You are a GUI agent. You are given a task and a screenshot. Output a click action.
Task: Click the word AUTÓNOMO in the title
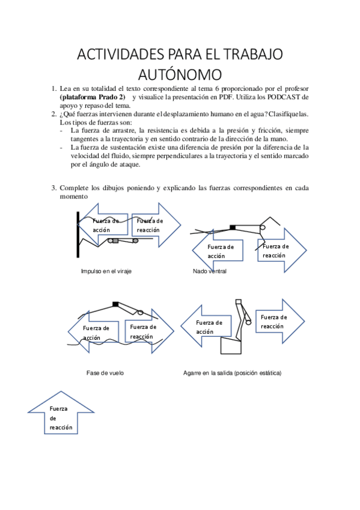click(x=180, y=75)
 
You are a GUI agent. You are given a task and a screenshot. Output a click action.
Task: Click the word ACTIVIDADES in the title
click(x=121, y=54)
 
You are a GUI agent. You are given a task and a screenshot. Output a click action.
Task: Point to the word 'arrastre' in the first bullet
click(x=124, y=131)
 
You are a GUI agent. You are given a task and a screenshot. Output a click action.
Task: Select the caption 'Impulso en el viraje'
click(x=106, y=271)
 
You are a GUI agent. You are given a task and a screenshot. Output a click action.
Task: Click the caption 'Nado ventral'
click(x=210, y=271)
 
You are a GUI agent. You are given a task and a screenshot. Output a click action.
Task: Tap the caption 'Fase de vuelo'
click(x=105, y=373)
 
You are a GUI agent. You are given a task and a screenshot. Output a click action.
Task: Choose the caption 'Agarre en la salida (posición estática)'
click(x=233, y=373)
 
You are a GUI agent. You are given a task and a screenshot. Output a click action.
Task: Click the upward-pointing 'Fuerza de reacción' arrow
click(x=61, y=413)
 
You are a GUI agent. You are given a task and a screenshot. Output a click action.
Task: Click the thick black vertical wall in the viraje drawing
click(x=78, y=235)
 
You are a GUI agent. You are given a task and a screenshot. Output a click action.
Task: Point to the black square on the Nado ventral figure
click(x=233, y=227)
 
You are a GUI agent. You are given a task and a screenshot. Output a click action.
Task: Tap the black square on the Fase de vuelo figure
click(x=115, y=304)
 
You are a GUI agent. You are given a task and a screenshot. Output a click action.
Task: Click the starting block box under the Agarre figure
click(x=231, y=345)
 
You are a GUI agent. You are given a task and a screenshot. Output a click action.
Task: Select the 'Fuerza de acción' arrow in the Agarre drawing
click(x=206, y=326)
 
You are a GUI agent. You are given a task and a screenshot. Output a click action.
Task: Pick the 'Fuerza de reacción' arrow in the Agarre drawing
click(x=280, y=321)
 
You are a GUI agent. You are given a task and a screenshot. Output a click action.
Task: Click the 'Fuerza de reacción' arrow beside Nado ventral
click(x=282, y=250)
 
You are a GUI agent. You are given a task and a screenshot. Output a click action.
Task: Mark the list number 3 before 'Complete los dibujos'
click(x=53, y=188)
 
